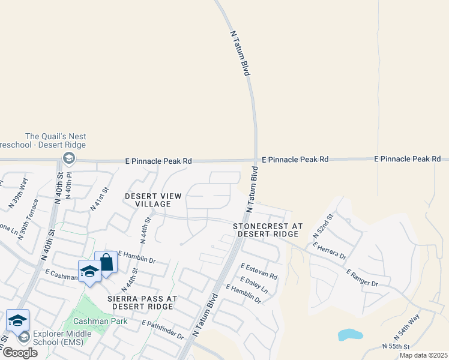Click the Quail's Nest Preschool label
click(55, 141)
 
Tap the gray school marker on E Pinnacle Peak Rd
click(68, 158)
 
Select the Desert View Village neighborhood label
click(152, 200)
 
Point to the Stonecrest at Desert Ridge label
click(268, 230)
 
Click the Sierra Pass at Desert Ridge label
click(140, 302)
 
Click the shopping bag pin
click(106, 263)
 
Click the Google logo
click(20, 353)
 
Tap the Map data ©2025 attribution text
click(423, 355)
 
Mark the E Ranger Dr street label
click(362, 277)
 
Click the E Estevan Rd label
click(259, 271)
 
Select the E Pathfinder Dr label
click(163, 331)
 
